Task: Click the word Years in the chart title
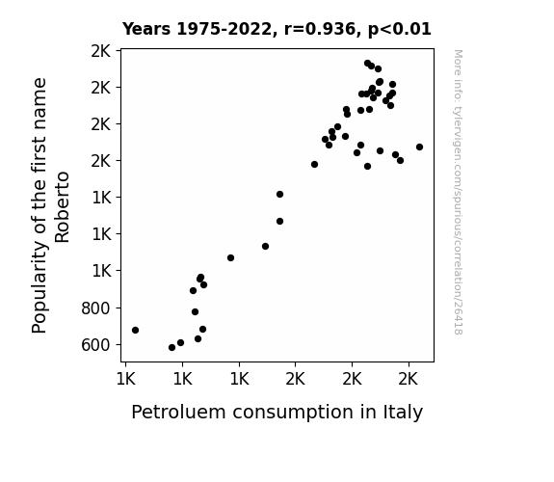tap(146, 29)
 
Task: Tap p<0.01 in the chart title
tap(400, 30)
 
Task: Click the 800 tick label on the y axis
tap(95, 308)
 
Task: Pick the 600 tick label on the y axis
tap(95, 345)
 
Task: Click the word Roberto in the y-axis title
tap(63, 207)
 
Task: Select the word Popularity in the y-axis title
tap(39, 288)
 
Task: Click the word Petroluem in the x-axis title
tap(178, 412)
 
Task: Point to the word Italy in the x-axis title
tap(403, 413)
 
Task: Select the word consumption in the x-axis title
tap(293, 414)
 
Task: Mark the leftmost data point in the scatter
tap(135, 331)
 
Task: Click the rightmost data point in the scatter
tap(419, 147)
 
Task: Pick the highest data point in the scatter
tap(367, 64)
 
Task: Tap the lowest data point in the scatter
tap(172, 348)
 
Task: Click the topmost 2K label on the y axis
tap(101, 52)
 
